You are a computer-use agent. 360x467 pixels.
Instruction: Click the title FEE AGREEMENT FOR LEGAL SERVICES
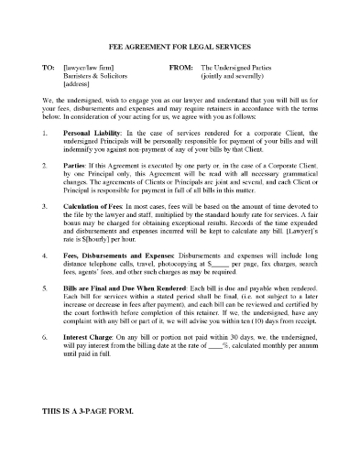pos(180,47)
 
